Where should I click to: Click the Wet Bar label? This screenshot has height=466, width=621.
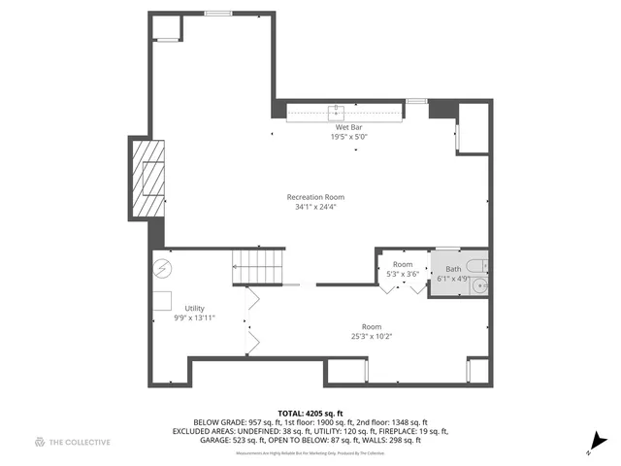[350, 127]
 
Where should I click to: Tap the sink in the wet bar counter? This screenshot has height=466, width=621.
[339, 111]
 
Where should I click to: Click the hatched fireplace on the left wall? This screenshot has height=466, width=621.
[148, 179]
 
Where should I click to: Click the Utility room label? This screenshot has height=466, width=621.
[195, 308]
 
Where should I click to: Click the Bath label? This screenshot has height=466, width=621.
[454, 269]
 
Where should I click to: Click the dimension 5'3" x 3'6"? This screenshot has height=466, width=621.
[403, 275]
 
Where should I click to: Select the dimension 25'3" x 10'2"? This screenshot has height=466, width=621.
[371, 337]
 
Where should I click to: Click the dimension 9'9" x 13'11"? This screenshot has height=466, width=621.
[194, 317]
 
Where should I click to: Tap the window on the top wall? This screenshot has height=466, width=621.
[217, 14]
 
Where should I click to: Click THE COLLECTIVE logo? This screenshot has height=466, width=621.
[72, 442]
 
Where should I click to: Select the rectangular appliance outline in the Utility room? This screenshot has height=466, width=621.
[161, 299]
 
